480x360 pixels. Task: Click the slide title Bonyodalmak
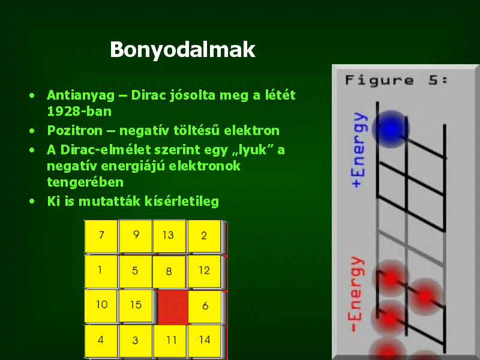coord(182,50)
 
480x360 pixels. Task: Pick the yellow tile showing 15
coord(136,305)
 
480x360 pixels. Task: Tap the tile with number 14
coord(205,341)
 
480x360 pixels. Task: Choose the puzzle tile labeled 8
coord(169,272)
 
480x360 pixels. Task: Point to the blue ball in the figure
coord(391,129)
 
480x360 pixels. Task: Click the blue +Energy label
coord(358,149)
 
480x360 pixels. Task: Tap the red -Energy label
coord(356,294)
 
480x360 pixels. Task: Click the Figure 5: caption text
coord(396,80)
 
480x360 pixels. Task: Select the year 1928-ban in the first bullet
coord(79,111)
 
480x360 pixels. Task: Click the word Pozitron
coord(74,131)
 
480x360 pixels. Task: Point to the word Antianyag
coord(81,95)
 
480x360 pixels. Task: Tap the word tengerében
coord(85,182)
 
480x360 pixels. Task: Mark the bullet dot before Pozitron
coord(32,131)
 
